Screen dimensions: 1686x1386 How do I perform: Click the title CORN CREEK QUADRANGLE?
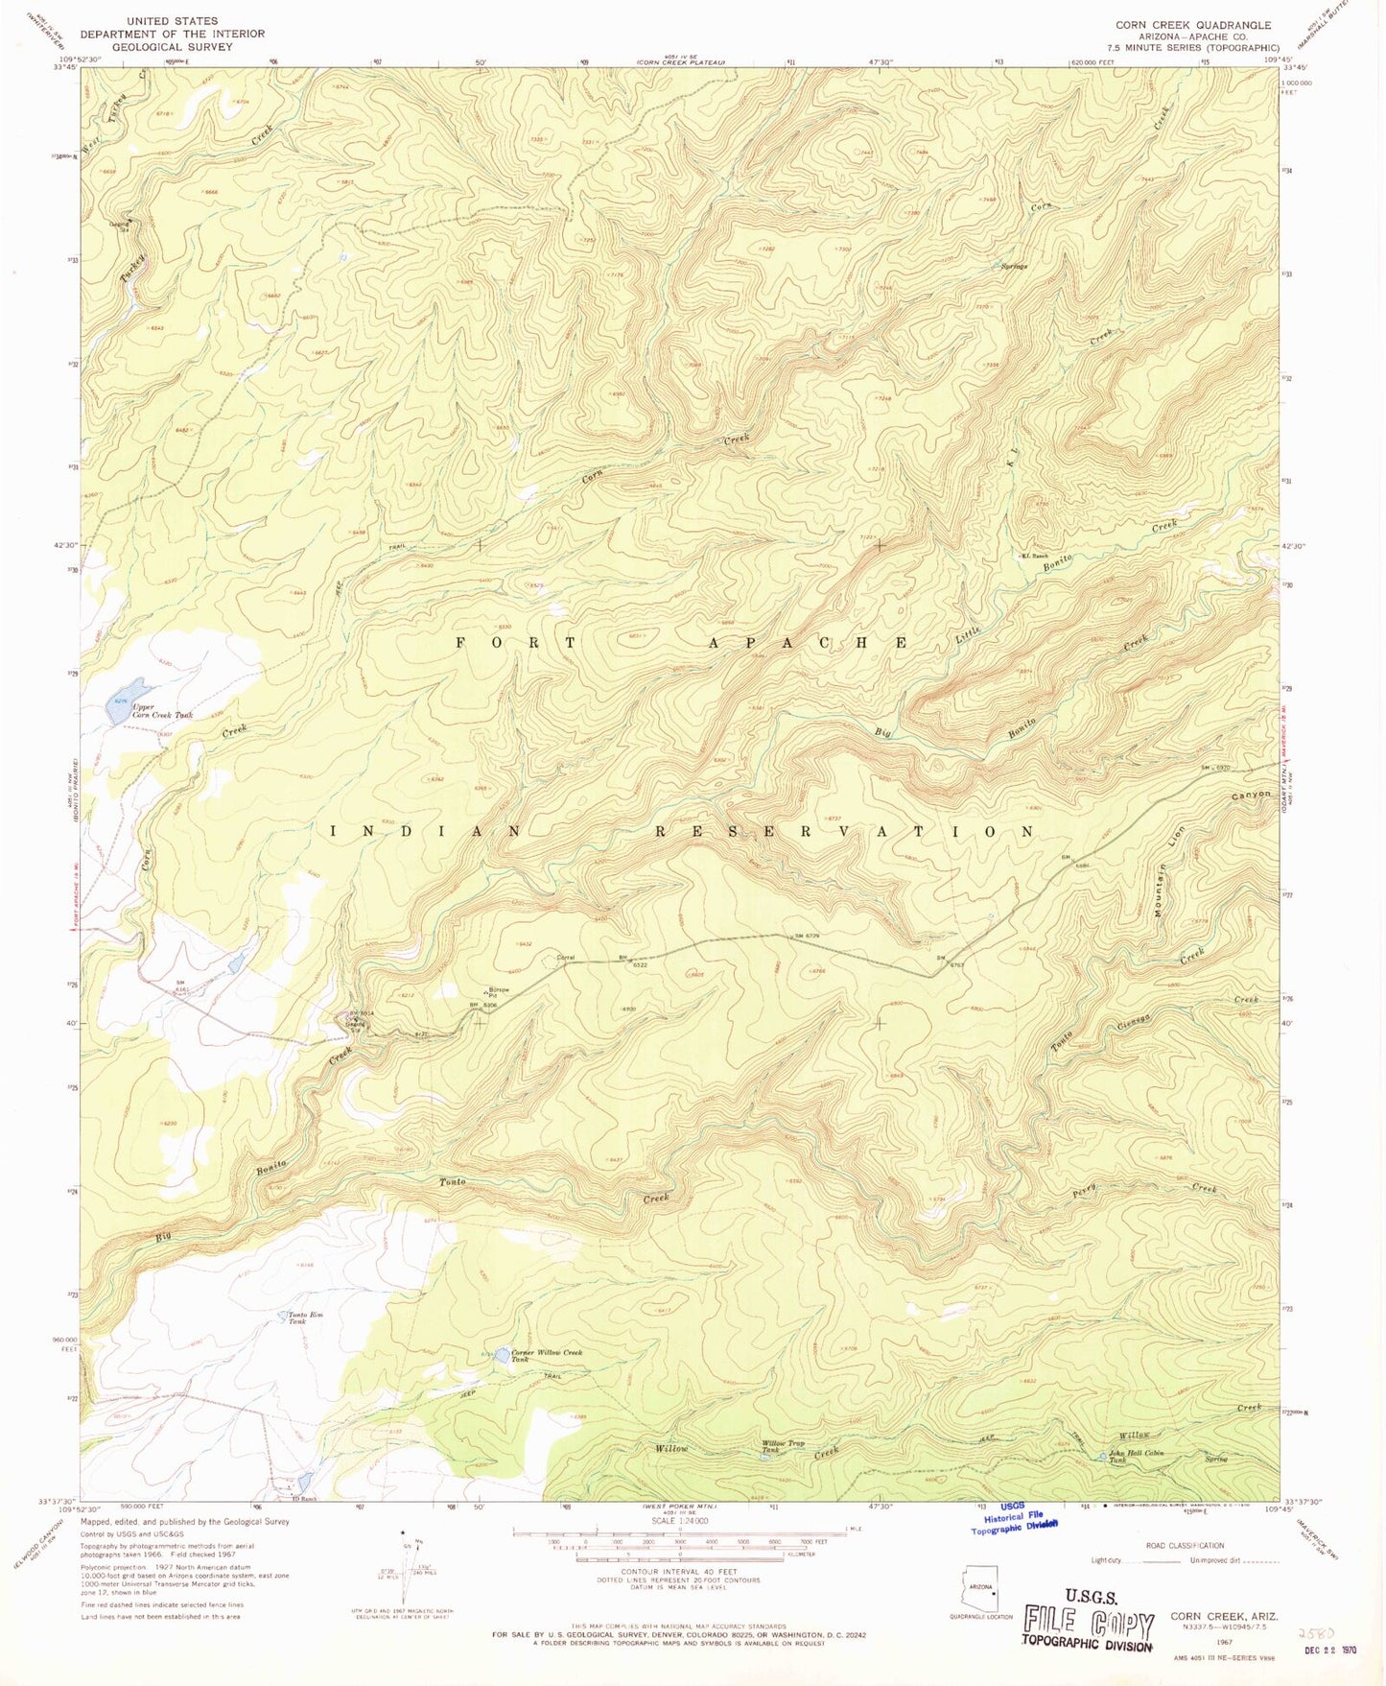point(1192,25)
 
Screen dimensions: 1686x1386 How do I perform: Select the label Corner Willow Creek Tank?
point(546,1355)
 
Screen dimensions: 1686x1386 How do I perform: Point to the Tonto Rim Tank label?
point(298,1318)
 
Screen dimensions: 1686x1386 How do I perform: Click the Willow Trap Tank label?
point(783,1446)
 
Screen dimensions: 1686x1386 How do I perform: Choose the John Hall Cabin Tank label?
point(1136,1456)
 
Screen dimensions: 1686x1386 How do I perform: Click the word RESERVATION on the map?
point(844,831)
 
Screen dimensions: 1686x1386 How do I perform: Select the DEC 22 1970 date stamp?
point(1324,1650)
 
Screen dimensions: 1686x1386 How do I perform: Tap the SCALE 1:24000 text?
point(679,1521)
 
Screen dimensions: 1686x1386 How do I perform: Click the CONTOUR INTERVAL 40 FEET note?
point(679,1571)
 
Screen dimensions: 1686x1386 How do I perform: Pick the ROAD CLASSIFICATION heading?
point(1185,1545)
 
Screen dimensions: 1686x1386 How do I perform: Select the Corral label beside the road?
point(566,957)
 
